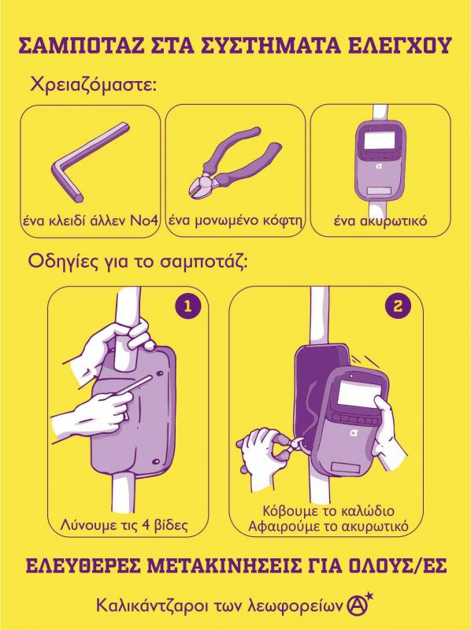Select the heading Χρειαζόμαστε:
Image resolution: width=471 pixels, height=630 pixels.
[x=93, y=85]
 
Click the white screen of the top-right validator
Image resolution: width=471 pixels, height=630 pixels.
[x=379, y=139]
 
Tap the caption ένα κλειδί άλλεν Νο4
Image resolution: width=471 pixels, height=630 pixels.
[x=90, y=220]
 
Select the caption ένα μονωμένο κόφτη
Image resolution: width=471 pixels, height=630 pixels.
[x=235, y=221]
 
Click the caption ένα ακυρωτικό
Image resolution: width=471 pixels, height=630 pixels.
[x=380, y=221]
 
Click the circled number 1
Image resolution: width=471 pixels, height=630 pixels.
[x=187, y=307]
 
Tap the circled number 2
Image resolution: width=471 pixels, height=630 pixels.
[x=398, y=307]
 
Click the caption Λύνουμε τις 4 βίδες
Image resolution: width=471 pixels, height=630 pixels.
[x=124, y=524]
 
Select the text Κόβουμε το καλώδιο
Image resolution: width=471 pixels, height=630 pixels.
[x=328, y=511]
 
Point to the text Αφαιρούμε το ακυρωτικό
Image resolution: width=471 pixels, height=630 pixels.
[x=328, y=526]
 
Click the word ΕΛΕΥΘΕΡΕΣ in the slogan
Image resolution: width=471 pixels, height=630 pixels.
[x=83, y=566]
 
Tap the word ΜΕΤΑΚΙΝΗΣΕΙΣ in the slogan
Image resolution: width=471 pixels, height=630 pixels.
[x=222, y=566]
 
